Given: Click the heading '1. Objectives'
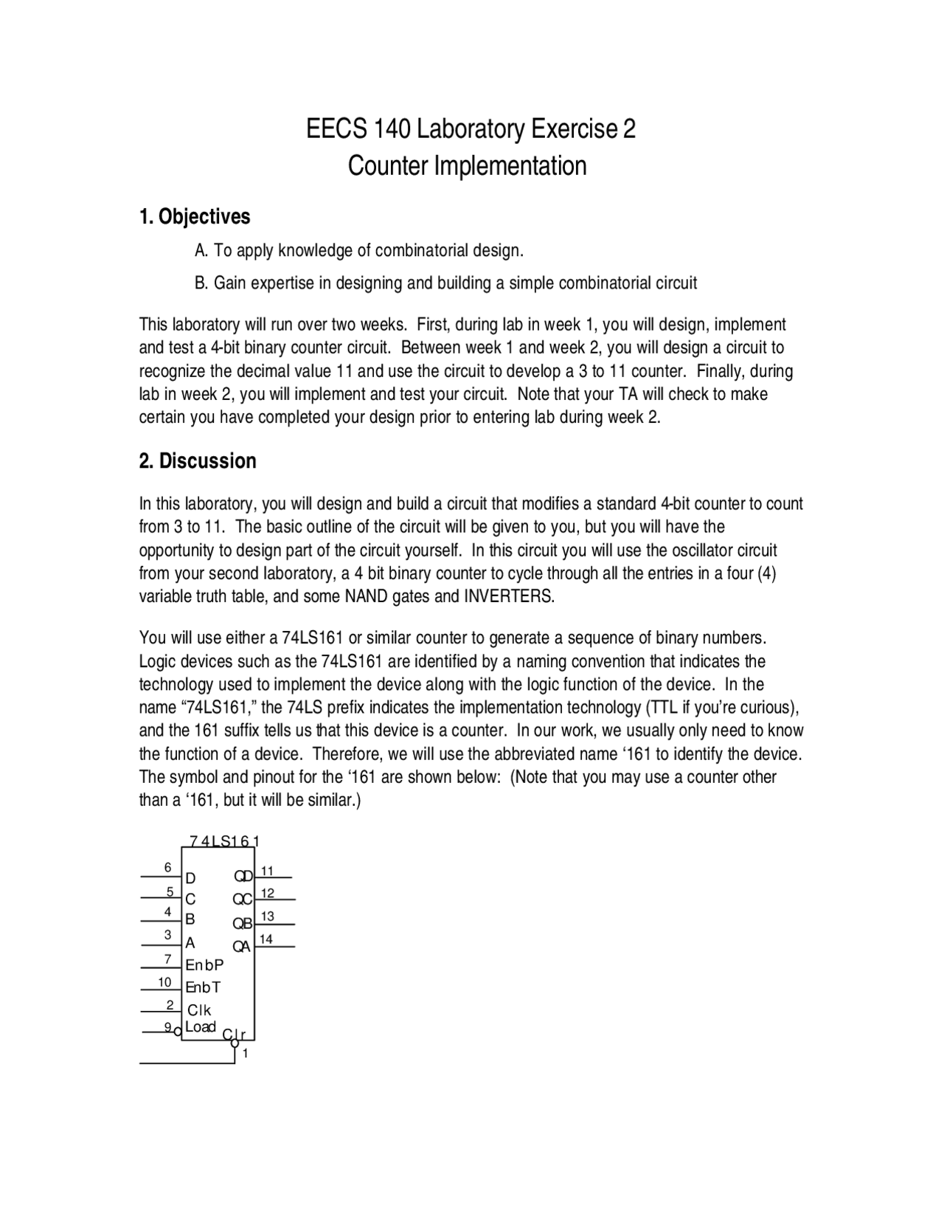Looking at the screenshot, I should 195,216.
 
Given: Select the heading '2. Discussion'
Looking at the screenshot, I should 198,461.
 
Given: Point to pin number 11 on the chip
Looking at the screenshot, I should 267,871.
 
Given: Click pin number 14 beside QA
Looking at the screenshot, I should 266,939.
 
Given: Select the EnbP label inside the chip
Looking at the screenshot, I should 204,965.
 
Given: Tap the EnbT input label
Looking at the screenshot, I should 203,987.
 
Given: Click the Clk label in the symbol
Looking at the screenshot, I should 199,1009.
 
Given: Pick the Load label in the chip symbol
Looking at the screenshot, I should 200,1026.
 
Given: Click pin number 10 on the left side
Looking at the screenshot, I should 164,982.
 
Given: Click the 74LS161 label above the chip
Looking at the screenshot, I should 224,841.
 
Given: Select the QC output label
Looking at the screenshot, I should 243,900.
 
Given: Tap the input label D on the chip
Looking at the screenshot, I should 191,878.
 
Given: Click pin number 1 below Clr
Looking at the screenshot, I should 246,1054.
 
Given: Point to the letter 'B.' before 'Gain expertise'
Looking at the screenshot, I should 201,283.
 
